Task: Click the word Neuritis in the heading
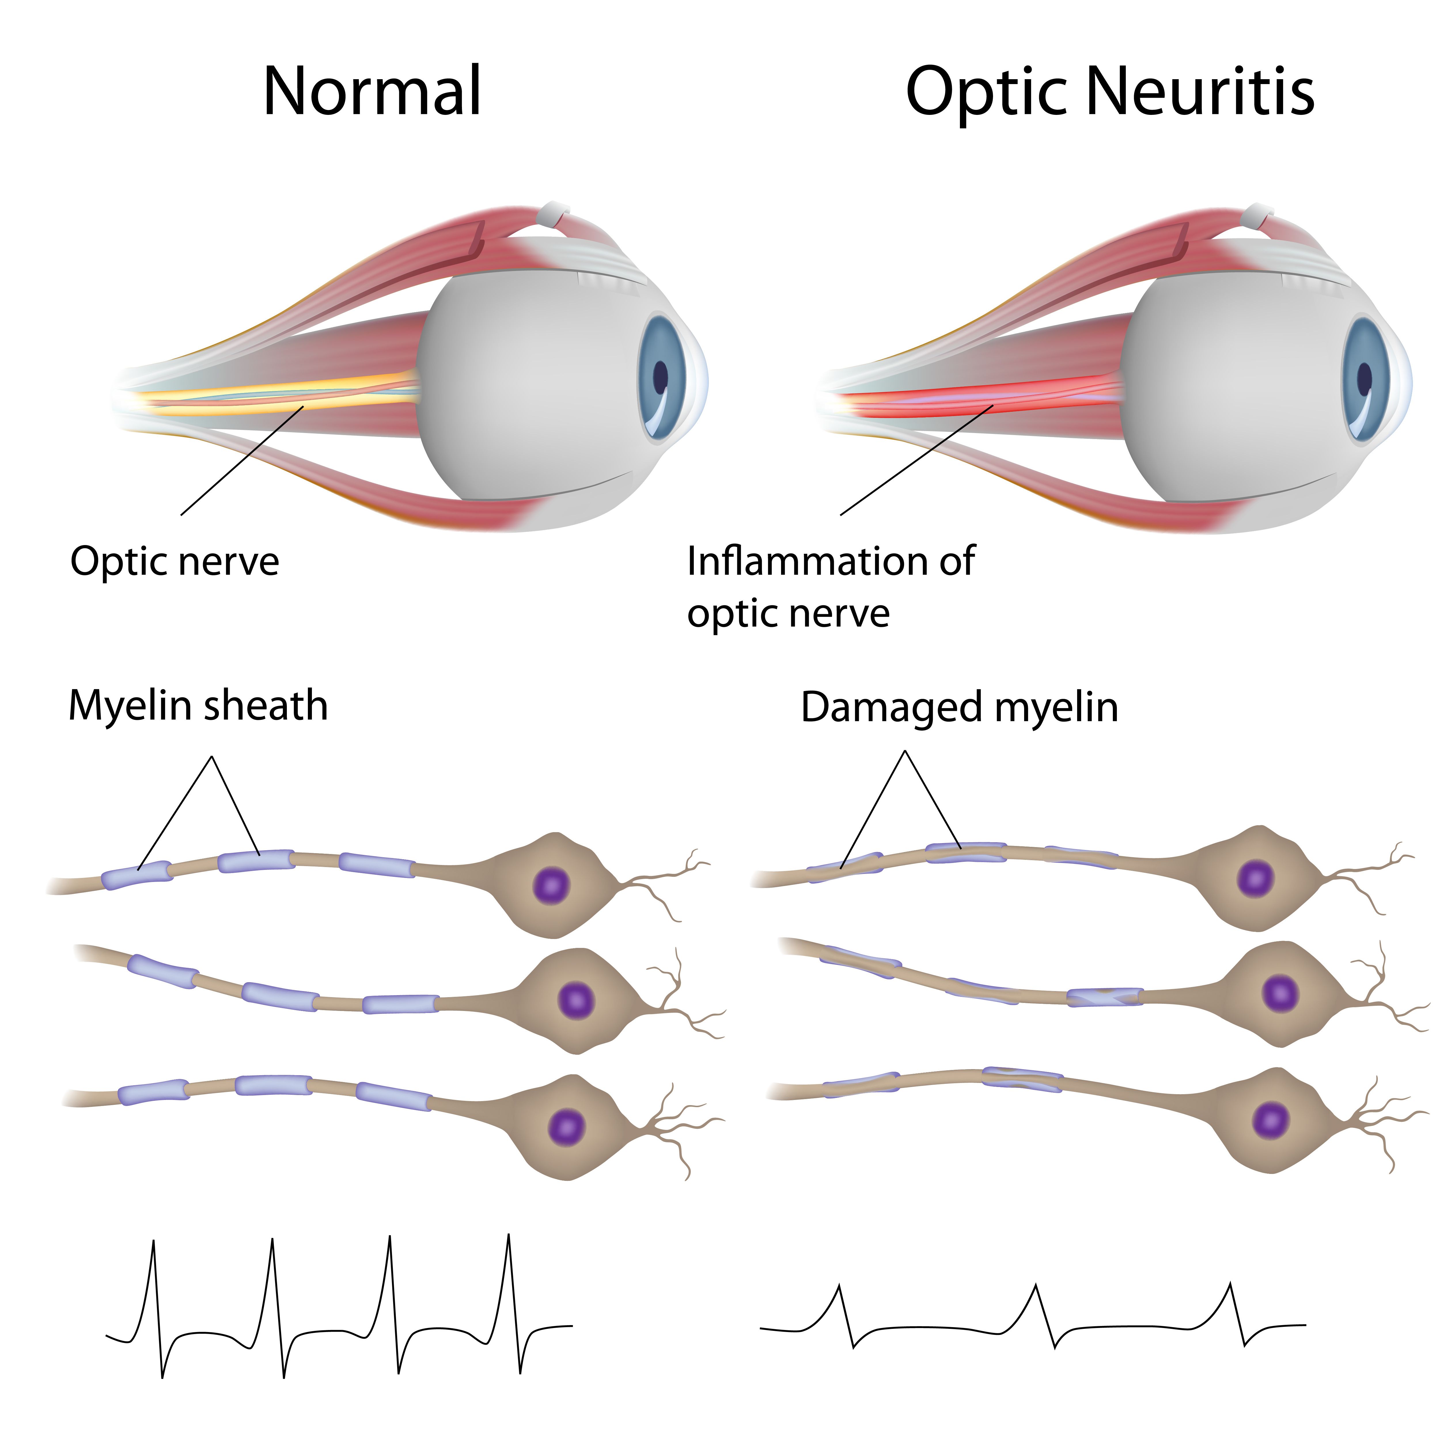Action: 1200,91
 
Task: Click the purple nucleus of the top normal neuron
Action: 552,885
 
